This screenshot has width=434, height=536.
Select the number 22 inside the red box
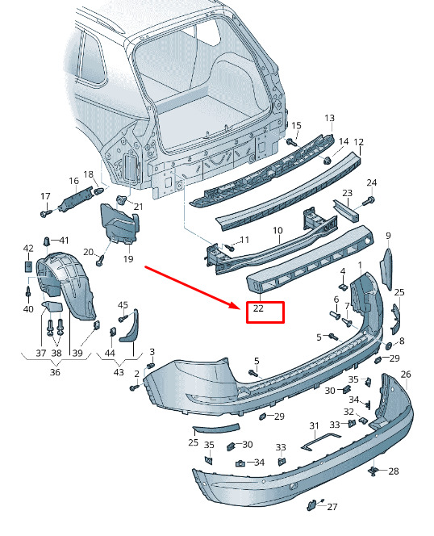click(x=258, y=308)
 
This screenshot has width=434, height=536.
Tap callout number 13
click(x=329, y=119)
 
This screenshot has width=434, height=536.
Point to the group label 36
click(x=55, y=372)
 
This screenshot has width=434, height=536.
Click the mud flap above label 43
click(x=129, y=326)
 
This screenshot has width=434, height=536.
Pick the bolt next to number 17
click(x=46, y=213)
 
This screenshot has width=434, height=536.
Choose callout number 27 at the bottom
click(x=332, y=507)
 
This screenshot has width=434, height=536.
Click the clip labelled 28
click(x=374, y=472)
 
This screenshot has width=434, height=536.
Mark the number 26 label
click(x=406, y=375)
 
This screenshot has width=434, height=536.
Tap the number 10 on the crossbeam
click(x=278, y=231)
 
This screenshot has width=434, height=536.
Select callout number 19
click(x=128, y=259)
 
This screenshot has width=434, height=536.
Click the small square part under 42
click(x=28, y=266)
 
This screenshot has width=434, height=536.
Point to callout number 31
click(x=314, y=426)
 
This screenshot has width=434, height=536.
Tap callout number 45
click(x=123, y=305)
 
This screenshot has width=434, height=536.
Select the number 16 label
click(x=74, y=181)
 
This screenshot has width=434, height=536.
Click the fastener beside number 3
click(x=151, y=366)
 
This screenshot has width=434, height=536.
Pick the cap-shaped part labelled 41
click(x=47, y=242)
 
